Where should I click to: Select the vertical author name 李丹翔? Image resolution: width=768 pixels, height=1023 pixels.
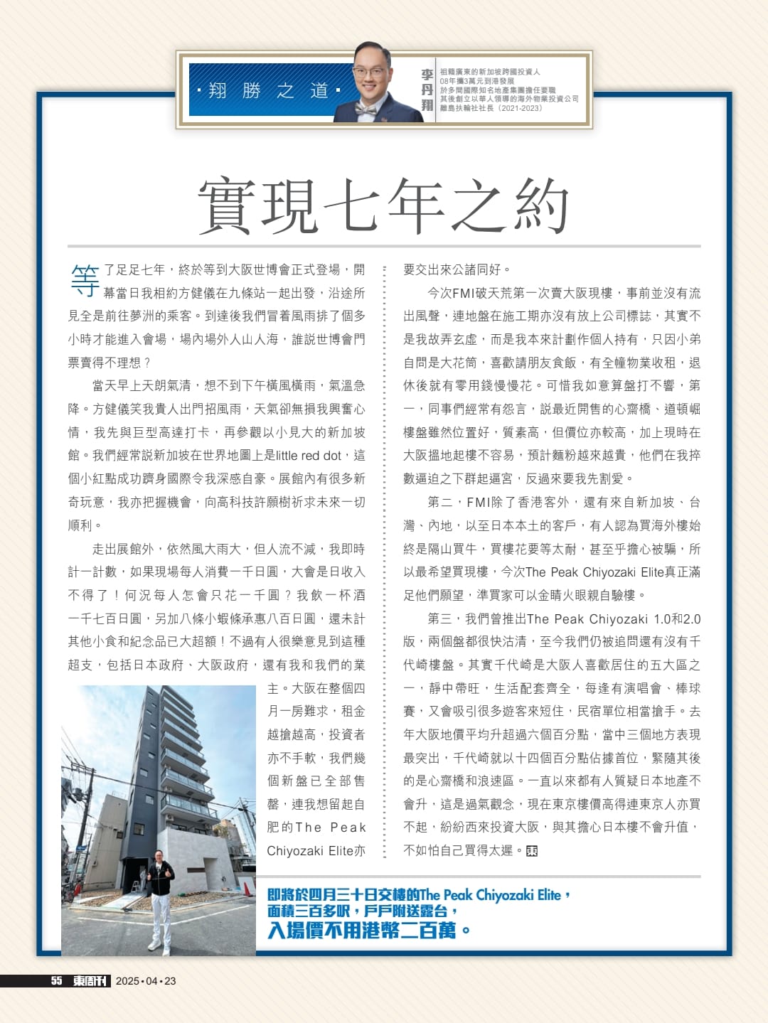click(x=427, y=90)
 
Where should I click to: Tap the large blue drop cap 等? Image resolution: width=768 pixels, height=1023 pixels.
click(x=85, y=280)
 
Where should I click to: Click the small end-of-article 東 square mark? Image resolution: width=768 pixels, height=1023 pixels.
click(x=532, y=851)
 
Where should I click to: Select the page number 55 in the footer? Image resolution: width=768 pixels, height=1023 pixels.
click(x=56, y=981)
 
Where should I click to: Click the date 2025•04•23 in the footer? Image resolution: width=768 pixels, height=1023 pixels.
click(x=145, y=981)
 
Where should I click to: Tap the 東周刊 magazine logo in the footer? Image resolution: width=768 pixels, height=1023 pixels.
click(x=90, y=981)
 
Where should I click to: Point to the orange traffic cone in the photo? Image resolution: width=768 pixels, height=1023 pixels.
click(x=246, y=889)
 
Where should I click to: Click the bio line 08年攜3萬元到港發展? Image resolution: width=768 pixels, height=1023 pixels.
click(x=477, y=81)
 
